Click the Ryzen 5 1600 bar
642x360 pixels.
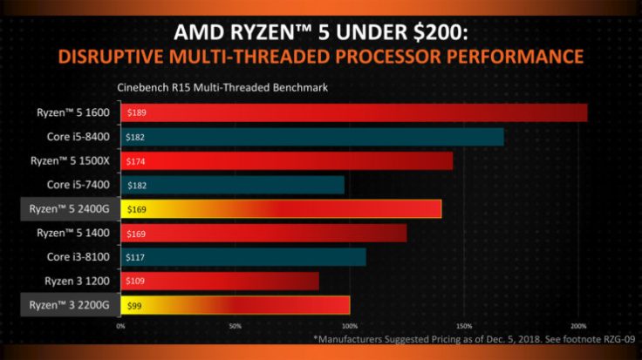point(353,112)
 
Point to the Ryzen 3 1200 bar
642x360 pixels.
point(219,282)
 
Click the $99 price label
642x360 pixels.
point(133,306)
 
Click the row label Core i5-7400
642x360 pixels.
point(79,185)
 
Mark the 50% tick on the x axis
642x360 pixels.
point(235,327)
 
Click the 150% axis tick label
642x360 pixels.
point(463,327)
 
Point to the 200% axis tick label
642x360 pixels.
point(577,327)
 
